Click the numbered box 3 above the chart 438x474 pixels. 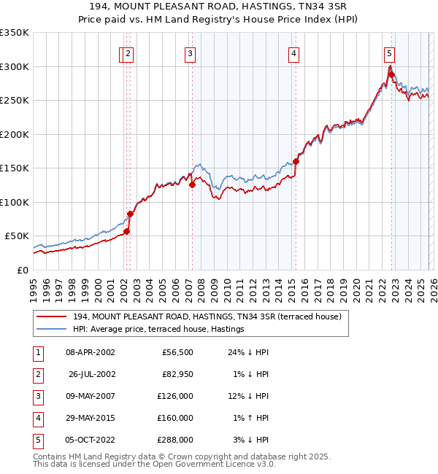(x=190, y=53)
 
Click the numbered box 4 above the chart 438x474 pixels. (x=293, y=53)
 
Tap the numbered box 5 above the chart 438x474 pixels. (x=389, y=53)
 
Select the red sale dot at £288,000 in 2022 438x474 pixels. (x=391, y=74)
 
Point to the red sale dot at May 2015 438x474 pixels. (x=296, y=161)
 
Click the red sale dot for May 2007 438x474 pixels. (x=192, y=184)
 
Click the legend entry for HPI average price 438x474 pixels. (x=158, y=330)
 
